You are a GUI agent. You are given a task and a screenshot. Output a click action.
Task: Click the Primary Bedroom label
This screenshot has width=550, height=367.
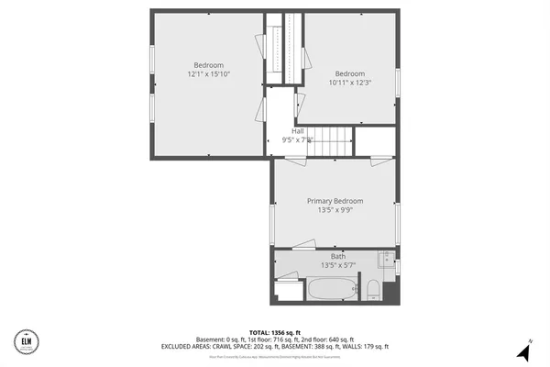click(x=335, y=201)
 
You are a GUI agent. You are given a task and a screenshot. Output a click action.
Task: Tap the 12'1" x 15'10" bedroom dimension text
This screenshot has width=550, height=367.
click(x=208, y=74)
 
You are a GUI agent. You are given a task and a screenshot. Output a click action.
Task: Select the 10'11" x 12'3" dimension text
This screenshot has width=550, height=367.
click(x=349, y=83)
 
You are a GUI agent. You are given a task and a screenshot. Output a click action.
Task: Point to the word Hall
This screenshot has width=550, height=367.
click(x=298, y=131)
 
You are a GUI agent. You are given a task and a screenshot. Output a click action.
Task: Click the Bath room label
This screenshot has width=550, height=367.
click(x=337, y=256)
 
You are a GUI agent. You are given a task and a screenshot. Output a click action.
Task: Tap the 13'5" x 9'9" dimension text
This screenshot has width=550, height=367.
click(x=335, y=210)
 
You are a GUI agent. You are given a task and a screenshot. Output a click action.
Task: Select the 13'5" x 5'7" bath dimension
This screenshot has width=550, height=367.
click(x=337, y=265)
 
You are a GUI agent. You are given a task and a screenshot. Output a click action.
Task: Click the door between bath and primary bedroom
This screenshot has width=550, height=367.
click(x=302, y=246)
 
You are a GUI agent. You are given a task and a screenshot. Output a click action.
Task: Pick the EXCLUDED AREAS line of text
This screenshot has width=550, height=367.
click(x=275, y=346)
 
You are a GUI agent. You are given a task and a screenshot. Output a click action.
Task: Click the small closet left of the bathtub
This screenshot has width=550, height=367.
click(x=288, y=293)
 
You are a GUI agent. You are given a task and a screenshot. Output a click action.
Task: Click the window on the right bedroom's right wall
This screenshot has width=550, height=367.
click(x=397, y=83)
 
